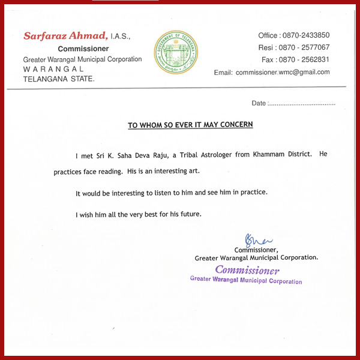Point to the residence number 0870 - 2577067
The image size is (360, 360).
307,47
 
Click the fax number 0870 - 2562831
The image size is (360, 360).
307,59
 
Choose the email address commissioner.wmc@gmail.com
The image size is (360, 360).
283,72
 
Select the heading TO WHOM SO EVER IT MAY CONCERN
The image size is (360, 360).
190,125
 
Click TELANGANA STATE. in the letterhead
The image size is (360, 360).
58,79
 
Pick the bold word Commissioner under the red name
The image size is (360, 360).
83,49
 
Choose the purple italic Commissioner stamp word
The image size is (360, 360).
247,270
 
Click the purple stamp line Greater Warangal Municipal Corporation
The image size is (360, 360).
246,280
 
